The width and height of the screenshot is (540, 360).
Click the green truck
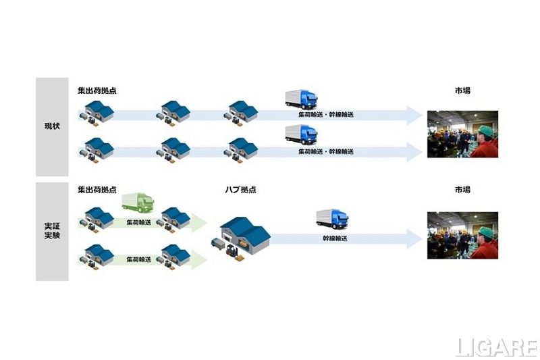pyautogui.click(x=138, y=202)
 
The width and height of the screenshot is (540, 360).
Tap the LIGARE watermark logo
pyautogui.click(x=495, y=347)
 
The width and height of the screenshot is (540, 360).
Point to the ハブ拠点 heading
pyautogui.click(x=240, y=190)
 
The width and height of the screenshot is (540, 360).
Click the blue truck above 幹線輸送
pyautogui.click(x=333, y=218)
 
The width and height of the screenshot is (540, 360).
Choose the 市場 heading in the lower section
pyautogui.click(x=462, y=190)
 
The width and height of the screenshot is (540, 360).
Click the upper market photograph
pyautogui.click(x=462, y=134)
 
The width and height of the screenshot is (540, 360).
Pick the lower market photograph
pyautogui.click(x=462, y=234)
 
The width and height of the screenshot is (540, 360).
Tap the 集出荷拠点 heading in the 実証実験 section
pyautogui.click(x=97, y=190)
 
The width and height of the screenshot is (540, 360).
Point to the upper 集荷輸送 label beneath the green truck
pyautogui.click(x=139, y=222)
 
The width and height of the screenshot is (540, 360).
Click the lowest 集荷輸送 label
pyautogui.click(x=139, y=259)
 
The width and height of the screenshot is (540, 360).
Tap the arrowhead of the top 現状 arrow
pyautogui.click(x=414, y=115)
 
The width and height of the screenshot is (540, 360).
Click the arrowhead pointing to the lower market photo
pyautogui.click(x=414, y=238)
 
